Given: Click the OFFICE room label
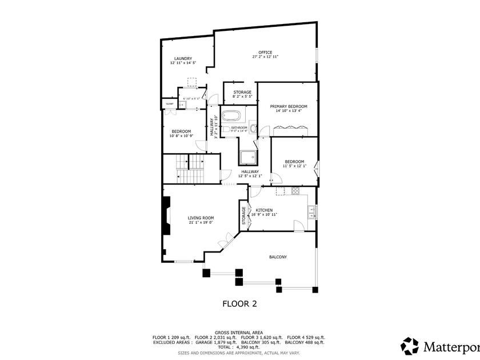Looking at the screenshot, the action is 265,53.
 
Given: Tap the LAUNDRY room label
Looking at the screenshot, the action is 183,58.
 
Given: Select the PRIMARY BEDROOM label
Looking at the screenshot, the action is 289,106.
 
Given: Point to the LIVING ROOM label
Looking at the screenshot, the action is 201,218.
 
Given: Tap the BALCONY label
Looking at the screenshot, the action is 278,257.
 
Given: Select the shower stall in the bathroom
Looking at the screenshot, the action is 249,157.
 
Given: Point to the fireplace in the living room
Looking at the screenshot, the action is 166,216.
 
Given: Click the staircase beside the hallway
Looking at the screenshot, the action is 191,169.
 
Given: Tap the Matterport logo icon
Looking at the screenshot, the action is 409,346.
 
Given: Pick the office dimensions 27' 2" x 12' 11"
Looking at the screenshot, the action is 265,57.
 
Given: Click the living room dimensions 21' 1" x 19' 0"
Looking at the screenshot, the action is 201,223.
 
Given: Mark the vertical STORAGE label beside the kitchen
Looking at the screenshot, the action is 243,215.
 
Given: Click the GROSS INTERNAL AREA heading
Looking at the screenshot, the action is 238,332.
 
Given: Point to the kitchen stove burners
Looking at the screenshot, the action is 296,191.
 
